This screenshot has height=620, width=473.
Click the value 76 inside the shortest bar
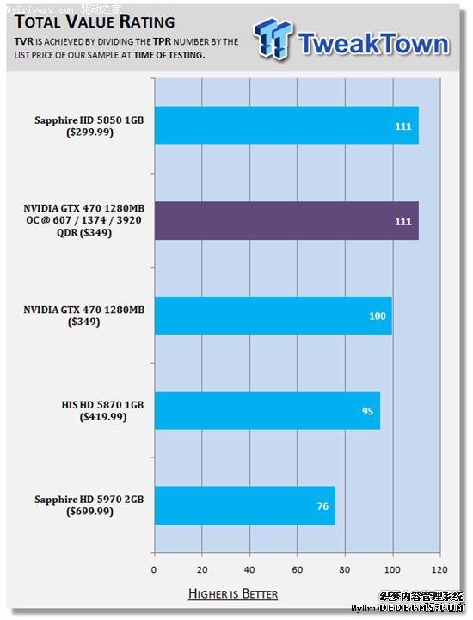pos(322,506)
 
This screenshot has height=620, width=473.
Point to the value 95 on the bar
pos(367,411)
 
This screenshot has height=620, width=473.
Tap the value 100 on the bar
pos(378,316)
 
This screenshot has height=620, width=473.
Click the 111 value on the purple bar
pos(403,222)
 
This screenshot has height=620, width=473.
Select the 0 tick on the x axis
pos(154,569)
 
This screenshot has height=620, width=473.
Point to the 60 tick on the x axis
pos(298,569)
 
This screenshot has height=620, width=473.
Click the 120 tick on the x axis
pos(440,569)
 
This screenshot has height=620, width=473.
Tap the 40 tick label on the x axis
pos(249,569)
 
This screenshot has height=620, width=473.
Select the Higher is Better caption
pos(233,594)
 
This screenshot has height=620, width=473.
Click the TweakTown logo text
pos(372,43)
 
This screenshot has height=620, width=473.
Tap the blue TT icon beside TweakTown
pos(273,40)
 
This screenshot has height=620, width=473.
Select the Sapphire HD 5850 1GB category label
pos(89,120)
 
